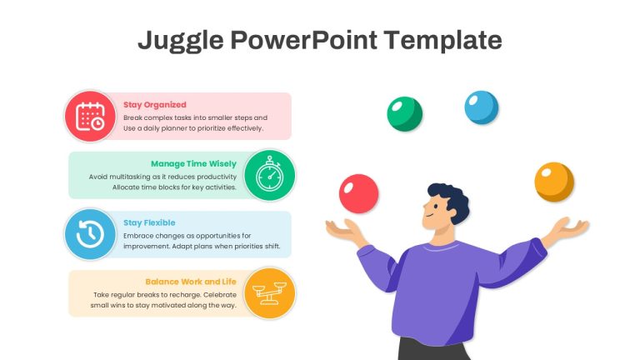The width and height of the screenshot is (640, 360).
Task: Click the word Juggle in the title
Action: [181, 41]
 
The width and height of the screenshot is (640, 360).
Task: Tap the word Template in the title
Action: [442, 40]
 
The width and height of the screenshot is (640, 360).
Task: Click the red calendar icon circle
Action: [90, 117]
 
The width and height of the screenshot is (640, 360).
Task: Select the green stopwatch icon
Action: [269, 176]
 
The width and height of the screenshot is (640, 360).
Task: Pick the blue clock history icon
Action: [90, 234]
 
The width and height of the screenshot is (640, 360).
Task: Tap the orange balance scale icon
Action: [269, 293]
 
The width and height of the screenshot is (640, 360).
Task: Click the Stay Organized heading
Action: [155, 105]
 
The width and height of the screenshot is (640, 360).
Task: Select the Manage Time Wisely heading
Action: [193, 164]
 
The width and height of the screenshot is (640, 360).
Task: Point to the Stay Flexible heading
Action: [149, 222]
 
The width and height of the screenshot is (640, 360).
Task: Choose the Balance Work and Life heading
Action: [191, 282]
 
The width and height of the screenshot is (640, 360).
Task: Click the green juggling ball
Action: [404, 114]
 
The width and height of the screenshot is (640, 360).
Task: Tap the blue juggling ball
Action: [482, 107]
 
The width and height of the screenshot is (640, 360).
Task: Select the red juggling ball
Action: [359, 194]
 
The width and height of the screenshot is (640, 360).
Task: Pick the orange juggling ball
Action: [554, 182]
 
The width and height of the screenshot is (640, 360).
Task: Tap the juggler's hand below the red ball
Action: [343, 231]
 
